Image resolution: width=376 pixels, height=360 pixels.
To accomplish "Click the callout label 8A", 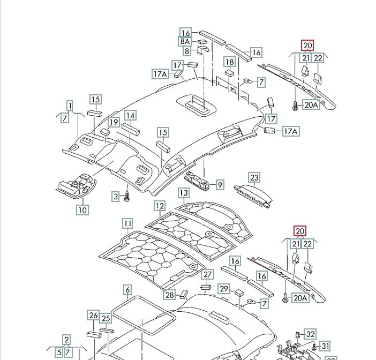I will coord(185,41).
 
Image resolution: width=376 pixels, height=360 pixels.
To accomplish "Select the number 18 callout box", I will coord(229,62).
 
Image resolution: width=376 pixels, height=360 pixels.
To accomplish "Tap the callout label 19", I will coord(114,123).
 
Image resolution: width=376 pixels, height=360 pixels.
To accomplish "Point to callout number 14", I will coord(130,115).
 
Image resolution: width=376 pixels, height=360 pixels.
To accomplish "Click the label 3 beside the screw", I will coord(115,197).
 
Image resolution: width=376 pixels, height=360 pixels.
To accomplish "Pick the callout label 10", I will coord(82,210).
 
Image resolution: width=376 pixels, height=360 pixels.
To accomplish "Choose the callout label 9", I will coord(220,185).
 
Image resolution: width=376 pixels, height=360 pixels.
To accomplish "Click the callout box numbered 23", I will coord(254,178).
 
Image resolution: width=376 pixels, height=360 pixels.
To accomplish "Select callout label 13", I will coord(184,192).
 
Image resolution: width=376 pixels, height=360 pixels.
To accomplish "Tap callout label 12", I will coord(160,206).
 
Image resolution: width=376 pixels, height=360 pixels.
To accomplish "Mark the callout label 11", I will coord(127,223).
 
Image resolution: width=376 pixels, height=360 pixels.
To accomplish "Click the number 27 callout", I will coord(207,275).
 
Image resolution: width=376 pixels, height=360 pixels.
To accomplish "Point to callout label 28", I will coord(169,294).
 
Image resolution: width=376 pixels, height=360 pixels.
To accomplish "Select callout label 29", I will coord(224,290).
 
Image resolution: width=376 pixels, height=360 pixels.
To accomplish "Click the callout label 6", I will coord(127,290).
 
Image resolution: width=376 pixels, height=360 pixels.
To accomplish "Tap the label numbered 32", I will coord(310,333).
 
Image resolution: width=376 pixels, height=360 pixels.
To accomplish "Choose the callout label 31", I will coord(325,346).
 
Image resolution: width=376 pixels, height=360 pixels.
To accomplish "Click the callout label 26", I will coord(93,316).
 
